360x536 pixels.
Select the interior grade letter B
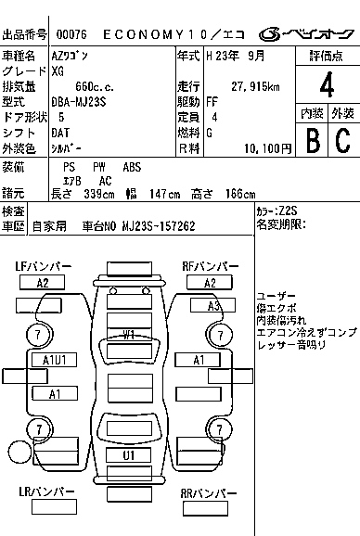[313, 140]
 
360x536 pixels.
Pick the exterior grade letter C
[342, 140]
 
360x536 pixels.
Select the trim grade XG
[59, 70]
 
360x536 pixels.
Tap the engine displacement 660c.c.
[73, 86]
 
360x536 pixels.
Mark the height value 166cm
[237, 193]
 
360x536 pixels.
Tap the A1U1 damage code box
[55, 360]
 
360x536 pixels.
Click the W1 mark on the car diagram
[129, 334]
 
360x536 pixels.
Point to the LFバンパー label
[44, 266]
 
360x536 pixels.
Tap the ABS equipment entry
[133, 167]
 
